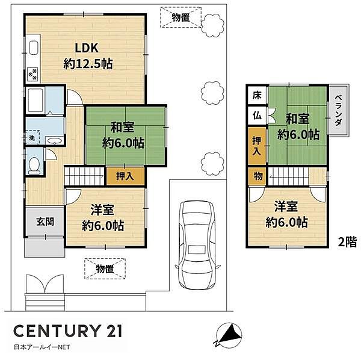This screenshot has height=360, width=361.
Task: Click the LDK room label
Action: (x=87, y=48)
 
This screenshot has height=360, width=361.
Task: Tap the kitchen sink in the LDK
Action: (x=34, y=48)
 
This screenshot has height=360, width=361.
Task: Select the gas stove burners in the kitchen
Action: (x=32, y=73)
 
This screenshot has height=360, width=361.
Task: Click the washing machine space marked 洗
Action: (x=32, y=137)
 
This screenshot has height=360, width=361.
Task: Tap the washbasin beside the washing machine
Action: (x=54, y=140)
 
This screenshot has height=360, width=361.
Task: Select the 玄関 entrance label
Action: (x=45, y=222)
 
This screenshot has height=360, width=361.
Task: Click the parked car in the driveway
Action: (x=198, y=245)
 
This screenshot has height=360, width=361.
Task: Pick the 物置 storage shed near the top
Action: (x=181, y=17)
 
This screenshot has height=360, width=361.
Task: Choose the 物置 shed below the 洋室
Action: (x=105, y=268)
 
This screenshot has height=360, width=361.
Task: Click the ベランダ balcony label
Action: (x=338, y=110)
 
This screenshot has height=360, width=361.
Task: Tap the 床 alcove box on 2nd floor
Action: (x=257, y=95)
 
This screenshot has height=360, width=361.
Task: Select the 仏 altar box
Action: (x=257, y=116)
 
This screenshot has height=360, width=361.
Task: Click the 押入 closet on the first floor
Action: (x=125, y=176)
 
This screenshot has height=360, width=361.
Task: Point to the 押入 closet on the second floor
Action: (x=257, y=146)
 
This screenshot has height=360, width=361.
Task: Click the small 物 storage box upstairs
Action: (x=258, y=176)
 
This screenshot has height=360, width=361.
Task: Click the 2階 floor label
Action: (x=347, y=242)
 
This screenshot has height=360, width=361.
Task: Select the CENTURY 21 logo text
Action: (x=67, y=331)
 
